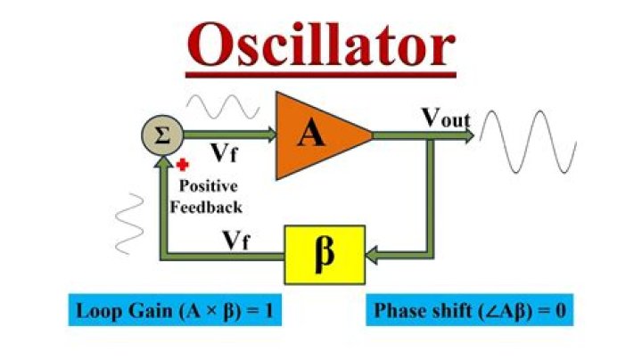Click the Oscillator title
pos(321,42)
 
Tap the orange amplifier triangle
pos(317,134)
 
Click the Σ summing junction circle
pos(161,136)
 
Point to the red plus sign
pos(182,165)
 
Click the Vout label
pos(446,118)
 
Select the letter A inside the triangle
pos(311,134)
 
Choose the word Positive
pos(210,187)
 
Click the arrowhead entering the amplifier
pos(270,135)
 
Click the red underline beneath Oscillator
pos(321,75)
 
